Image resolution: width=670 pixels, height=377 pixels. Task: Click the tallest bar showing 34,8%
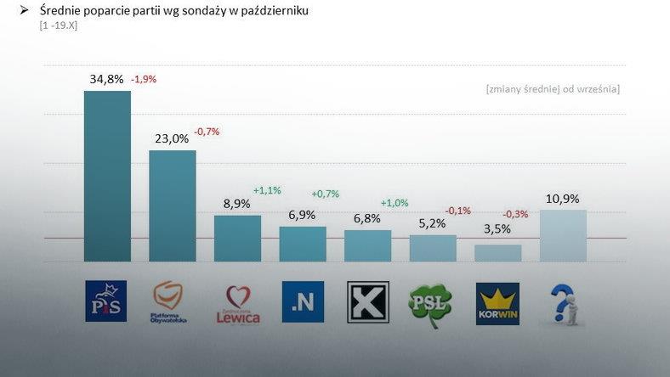[x=107, y=176]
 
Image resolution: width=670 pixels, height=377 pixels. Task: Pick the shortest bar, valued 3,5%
[x=497, y=253]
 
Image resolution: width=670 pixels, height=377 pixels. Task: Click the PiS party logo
[x=106, y=301]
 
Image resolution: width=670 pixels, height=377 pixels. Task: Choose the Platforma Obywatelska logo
[x=169, y=303]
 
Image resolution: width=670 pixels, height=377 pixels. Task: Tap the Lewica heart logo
[x=238, y=304]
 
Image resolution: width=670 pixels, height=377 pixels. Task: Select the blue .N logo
[x=303, y=302]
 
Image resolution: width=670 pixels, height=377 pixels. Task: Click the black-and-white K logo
[x=368, y=302]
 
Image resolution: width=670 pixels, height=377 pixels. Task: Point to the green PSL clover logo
[x=431, y=305]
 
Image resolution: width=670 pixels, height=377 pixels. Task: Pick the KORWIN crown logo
[x=497, y=304]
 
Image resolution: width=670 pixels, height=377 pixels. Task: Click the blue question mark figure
[x=564, y=304]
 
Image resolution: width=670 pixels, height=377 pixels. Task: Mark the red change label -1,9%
[x=143, y=79]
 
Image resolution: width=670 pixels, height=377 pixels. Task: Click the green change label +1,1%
[x=267, y=190]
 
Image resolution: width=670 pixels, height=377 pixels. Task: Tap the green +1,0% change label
[x=395, y=203]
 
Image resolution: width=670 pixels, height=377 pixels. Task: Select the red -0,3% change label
[x=515, y=214]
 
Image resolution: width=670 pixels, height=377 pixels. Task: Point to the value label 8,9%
[x=236, y=204]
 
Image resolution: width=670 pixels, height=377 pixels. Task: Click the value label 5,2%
[x=432, y=223]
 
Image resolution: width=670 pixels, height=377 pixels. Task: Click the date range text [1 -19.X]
[x=59, y=25]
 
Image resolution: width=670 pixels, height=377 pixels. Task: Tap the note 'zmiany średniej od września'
[x=553, y=88]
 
